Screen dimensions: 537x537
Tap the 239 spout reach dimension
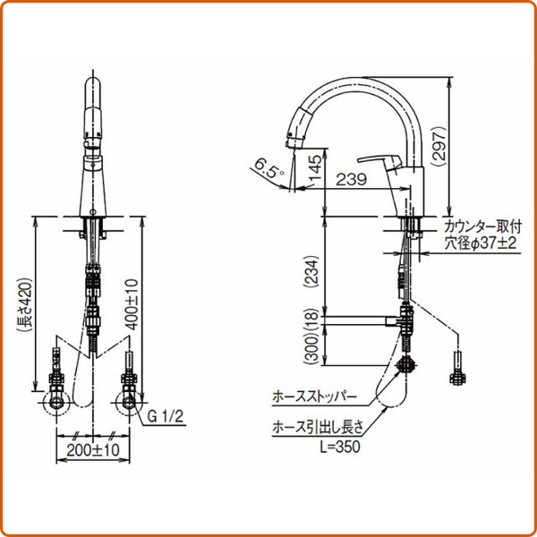click(x=351, y=180)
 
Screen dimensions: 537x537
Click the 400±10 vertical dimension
click(x=132, y=303)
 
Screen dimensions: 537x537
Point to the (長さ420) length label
click(x=26, y=303)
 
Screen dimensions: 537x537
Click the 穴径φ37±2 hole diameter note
click(x=480, y=242)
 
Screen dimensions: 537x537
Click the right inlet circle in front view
click(x=130, y=403)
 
